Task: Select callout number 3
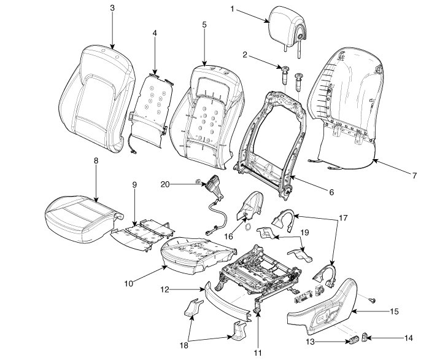click(112, 9)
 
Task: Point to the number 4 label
click(155, 33)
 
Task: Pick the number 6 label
click(331, 192)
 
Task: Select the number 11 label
click(258, 352)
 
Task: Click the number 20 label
click(164, 184)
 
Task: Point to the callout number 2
click(244, 55)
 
